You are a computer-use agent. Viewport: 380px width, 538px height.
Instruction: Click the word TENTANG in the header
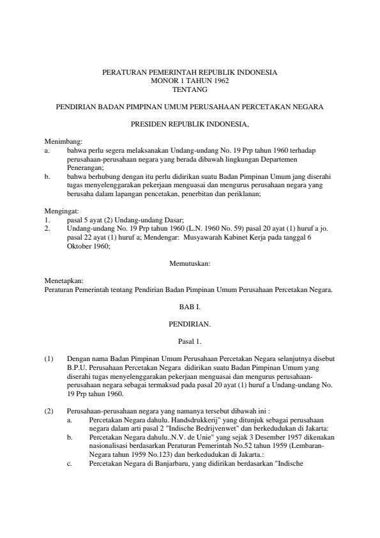(190, 89)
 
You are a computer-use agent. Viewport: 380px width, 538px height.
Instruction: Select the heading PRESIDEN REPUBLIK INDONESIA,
(190, 123)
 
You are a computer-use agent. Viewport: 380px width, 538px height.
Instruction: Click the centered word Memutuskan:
(190, 263)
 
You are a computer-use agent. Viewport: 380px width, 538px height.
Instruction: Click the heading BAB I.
(190, 307)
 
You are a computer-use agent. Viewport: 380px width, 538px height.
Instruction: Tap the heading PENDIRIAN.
(190, 325)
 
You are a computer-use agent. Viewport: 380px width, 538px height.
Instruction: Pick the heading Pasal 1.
(190, 342)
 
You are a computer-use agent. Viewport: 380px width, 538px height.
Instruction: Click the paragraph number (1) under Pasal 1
(49, 359)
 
